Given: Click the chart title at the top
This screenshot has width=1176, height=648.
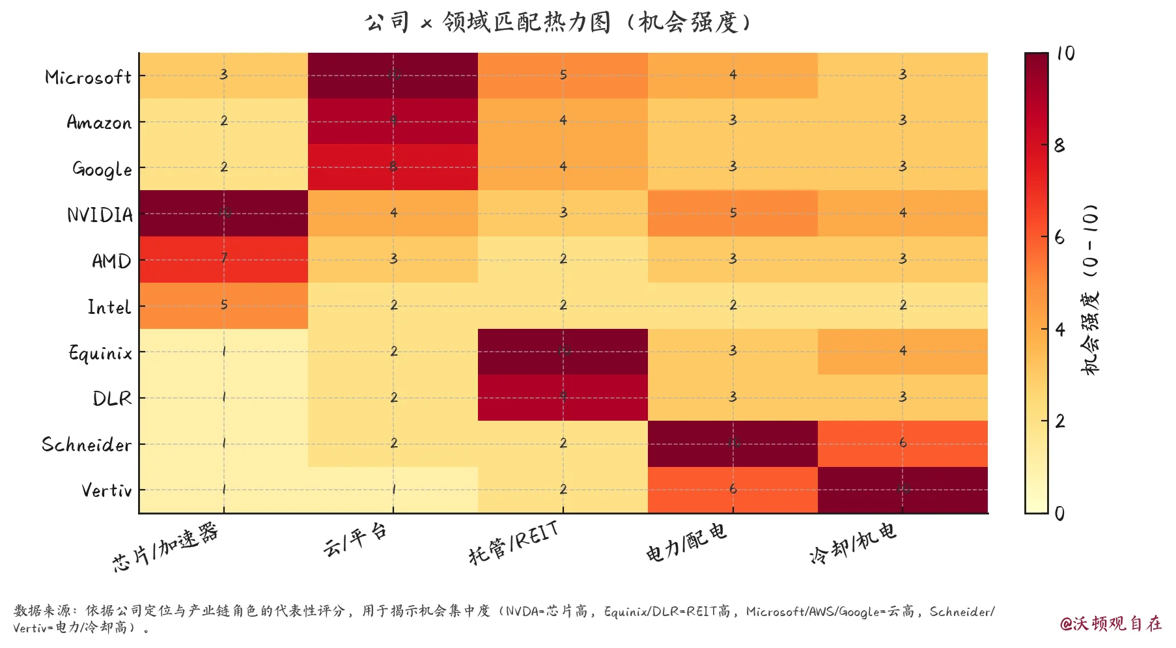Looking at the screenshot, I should (558, 23).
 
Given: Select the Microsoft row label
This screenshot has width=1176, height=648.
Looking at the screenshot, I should (88, 77).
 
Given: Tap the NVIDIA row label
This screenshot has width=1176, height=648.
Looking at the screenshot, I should (100, 215).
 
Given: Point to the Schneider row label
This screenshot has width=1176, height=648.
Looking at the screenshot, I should (87, 445).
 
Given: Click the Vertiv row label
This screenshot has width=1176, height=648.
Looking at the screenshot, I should (106, 490).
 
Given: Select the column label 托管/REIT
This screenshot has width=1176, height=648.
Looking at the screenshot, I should (514, 542).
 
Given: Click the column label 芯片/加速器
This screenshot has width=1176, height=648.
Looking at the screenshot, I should (165, 548).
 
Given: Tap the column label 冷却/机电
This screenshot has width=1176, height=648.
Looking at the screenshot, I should (852, 542).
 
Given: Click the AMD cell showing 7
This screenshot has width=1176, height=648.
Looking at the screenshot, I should (223, 259).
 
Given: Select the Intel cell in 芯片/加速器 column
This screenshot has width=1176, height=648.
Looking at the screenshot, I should (223, 305).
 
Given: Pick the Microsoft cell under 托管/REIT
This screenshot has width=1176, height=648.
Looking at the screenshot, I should (563, 75).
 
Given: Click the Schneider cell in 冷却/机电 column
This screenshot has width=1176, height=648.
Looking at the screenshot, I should (903, 444).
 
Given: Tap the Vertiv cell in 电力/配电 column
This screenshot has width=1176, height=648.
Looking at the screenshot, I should (733, 490).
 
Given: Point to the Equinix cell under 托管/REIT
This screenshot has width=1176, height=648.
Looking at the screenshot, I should (563, 352).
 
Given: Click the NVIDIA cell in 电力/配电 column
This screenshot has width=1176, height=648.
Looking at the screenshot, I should (733, 213).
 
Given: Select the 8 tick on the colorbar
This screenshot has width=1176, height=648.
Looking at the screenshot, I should (1059, 146).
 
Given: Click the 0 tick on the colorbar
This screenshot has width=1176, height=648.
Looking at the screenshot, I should (1059, 513).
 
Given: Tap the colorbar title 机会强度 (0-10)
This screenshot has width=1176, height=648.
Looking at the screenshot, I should (1090, 290).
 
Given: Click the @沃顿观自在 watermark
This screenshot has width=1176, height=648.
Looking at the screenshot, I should (1110, 623).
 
